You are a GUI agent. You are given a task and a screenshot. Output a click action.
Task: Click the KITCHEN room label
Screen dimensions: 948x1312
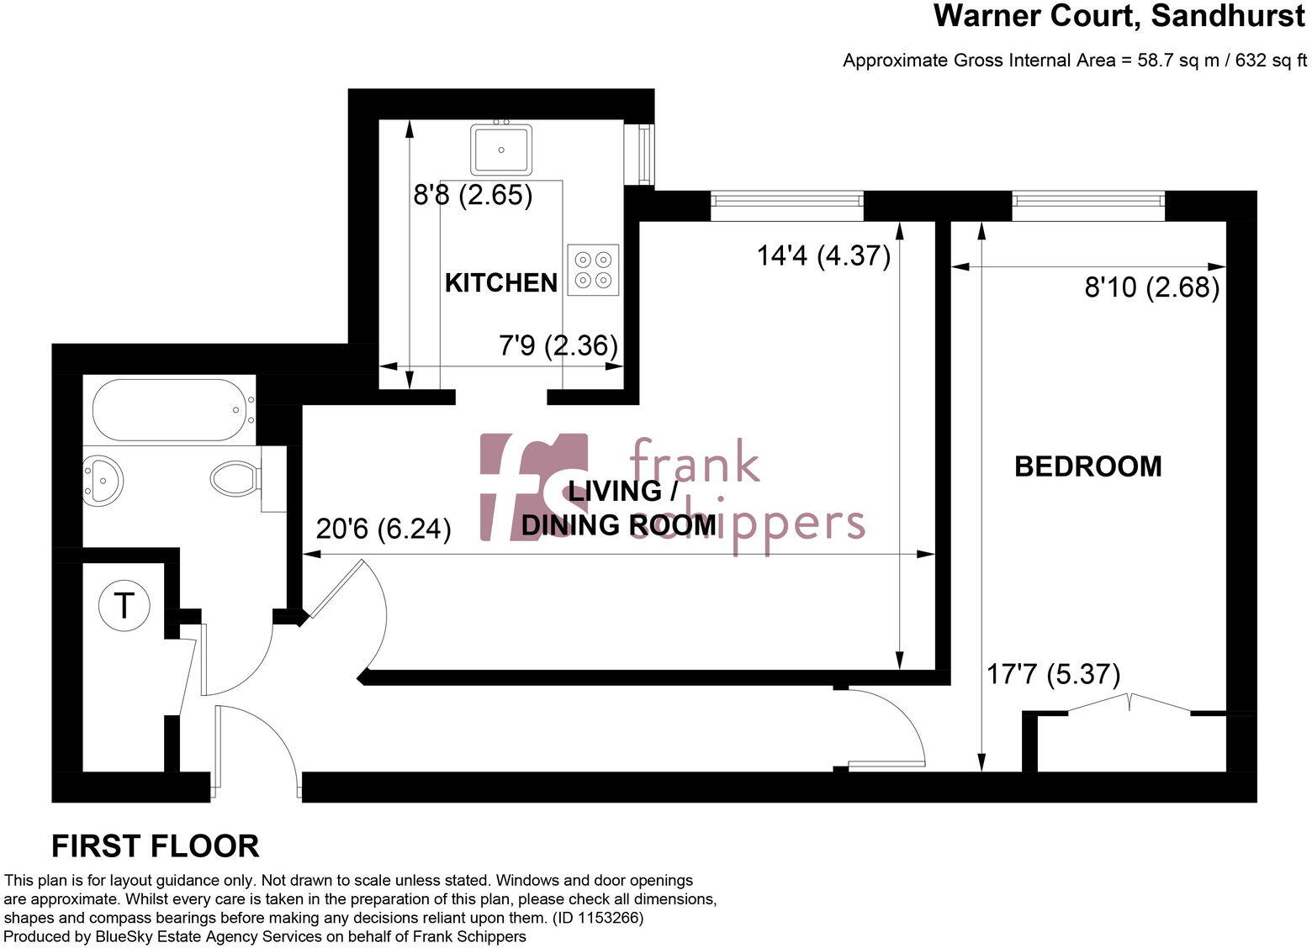pos(500,283)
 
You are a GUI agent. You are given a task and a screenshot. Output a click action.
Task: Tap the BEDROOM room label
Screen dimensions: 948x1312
pos(1087,466)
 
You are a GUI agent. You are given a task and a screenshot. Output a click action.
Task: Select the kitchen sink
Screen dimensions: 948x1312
pos(501,149)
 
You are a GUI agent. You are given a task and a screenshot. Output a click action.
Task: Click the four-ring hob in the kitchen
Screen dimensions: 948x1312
pos(593,270)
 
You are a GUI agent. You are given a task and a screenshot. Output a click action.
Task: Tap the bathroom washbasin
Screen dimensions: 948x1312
pos(103,481)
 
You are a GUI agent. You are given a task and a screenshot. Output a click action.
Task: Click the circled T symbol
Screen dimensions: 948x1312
pos(124,605)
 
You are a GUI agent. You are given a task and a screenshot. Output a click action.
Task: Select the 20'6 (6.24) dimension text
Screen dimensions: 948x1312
pos(384,529)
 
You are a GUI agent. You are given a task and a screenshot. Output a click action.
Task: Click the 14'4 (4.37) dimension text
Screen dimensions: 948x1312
pos(823,255)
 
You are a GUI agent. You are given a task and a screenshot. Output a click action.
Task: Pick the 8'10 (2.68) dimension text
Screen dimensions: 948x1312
pos(1151,288)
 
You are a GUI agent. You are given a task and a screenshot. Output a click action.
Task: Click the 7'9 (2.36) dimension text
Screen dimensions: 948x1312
pos(558,345)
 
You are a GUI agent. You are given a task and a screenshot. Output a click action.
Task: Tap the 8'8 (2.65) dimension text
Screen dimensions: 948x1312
pos(473,195)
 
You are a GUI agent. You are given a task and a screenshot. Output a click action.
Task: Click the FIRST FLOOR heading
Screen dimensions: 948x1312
pos(156,846)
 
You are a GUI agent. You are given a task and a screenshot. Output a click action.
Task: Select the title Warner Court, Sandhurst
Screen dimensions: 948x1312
pos(1119,16)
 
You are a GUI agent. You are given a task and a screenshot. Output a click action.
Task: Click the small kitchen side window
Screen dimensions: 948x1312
pos(645,154)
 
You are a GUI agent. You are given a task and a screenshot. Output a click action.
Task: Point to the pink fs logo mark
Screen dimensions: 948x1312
pos(533,487)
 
